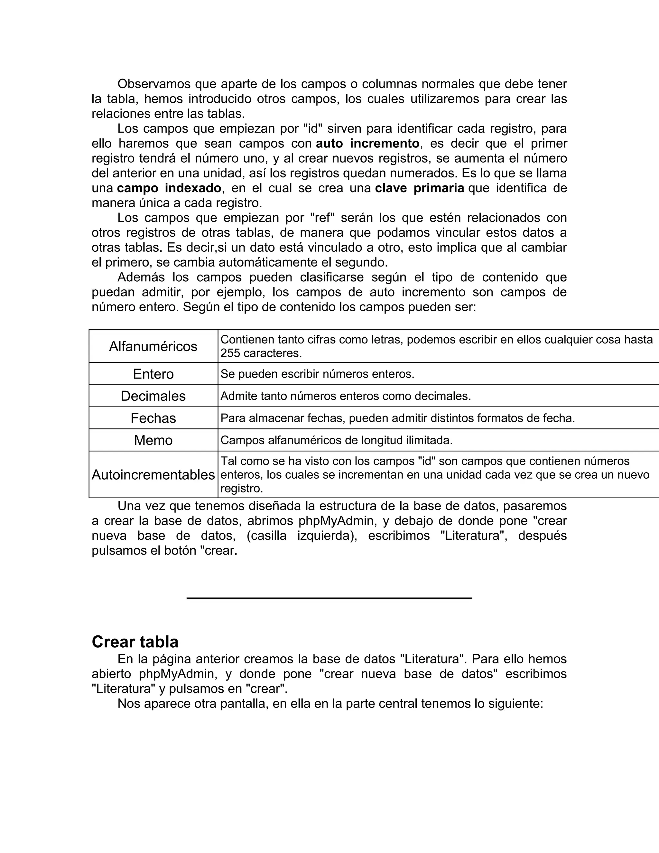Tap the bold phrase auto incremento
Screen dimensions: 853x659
click(x=367, y=143)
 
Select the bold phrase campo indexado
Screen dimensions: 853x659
click(x=169, y=188)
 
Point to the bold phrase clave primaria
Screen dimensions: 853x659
click(x=419, y=188)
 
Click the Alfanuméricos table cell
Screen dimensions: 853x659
click(x=153, y=346)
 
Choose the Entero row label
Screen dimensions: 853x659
click(x=153, y=374)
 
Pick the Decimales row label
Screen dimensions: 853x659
click(x=153, y=396)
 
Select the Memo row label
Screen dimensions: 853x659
click(x=153, y=440)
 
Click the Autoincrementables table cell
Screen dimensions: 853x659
click(x=153, y=474)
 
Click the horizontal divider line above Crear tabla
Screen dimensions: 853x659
click(x=329, y=598)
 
